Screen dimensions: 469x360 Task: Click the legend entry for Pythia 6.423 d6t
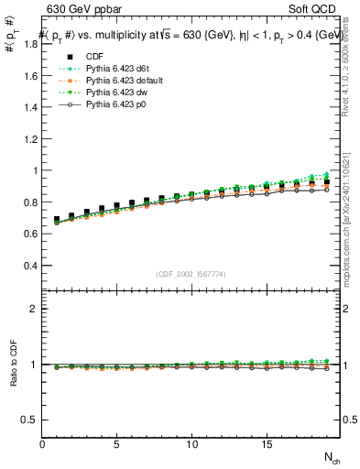click(x=121, y=70)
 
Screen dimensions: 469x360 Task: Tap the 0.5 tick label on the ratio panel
click(x=27, y=420)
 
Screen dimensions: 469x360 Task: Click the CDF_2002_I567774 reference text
click(x=191, y=275)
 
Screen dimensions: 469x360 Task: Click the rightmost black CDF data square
click(x=325, y=182)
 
